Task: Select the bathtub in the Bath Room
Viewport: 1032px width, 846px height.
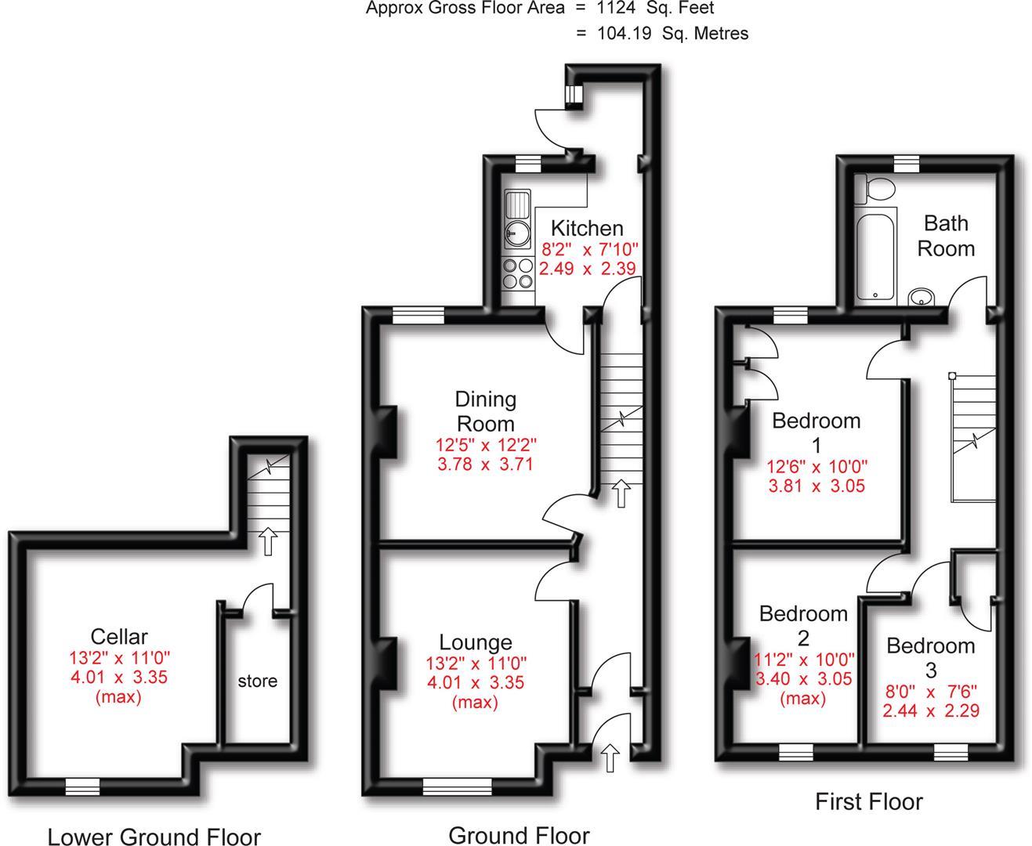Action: [874, 255]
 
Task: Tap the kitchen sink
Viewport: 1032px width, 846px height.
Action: [516, 220]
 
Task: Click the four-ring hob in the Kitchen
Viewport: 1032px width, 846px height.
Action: [516, 273]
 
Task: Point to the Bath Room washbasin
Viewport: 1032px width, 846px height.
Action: [922, 298]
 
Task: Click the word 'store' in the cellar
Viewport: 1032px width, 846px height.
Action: [257, 681]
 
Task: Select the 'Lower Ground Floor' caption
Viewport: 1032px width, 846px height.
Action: [154, 836]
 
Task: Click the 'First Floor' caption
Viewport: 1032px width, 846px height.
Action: [868, 801]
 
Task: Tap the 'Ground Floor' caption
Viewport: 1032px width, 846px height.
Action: [519, 835]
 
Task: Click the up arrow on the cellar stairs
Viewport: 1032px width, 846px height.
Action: [268, 541]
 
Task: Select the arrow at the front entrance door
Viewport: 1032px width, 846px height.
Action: [610, 758]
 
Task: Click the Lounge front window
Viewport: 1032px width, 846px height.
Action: [458, 786]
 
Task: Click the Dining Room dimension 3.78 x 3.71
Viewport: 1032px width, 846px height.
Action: [486, 464]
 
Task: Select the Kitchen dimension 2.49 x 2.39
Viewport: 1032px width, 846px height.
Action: [587, 268]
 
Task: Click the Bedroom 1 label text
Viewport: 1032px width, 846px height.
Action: [816, 432]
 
